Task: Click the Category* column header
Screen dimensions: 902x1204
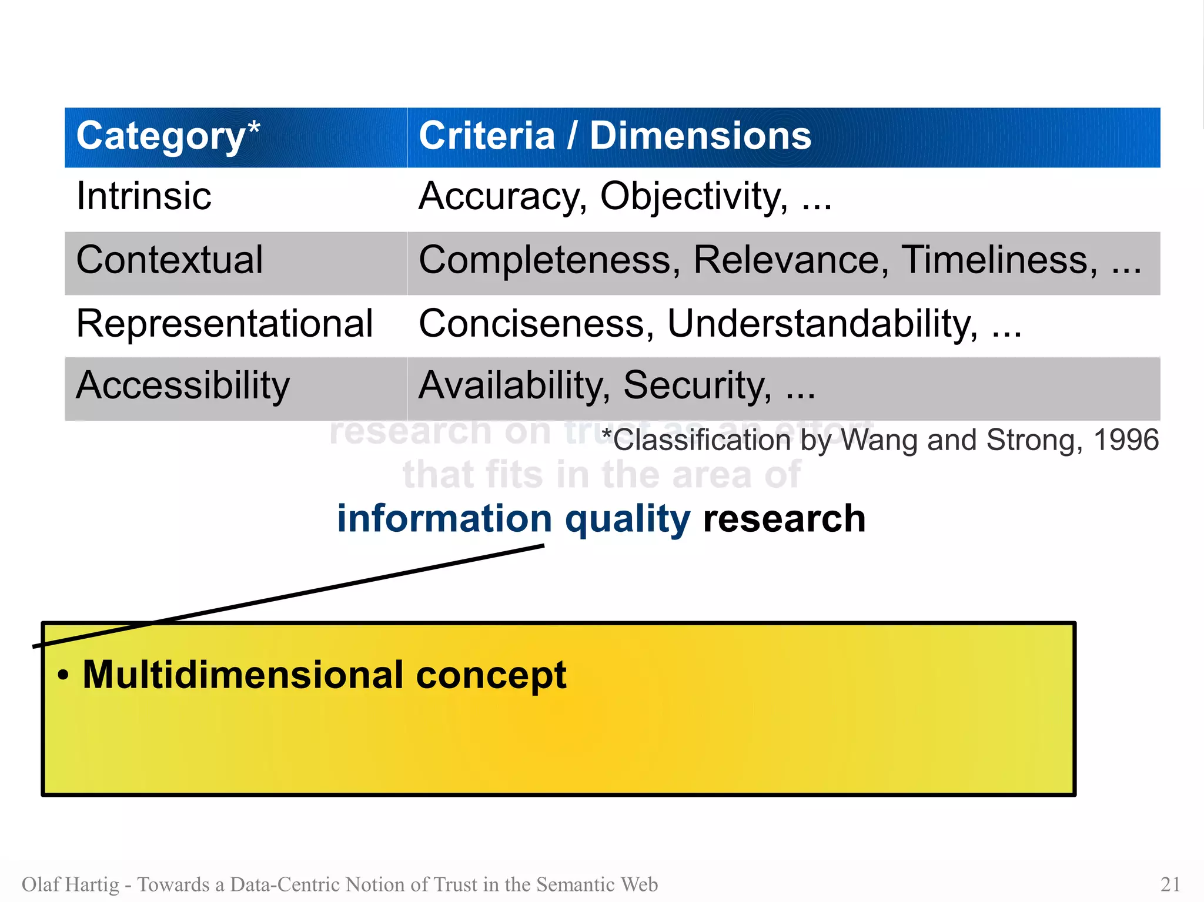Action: coord(168,136)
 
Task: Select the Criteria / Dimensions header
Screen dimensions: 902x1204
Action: coord(614,136)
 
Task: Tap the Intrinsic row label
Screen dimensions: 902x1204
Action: coord(143,196)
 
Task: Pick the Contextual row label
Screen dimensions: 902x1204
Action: coord(169,260)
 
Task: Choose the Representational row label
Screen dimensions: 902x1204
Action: coord(225,323)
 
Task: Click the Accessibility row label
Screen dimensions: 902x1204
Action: coord(183,386)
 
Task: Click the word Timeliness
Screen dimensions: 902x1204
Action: coord(999,260)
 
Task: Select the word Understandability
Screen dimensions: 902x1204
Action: coord(822,324)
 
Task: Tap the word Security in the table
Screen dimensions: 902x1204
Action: coord(697,386)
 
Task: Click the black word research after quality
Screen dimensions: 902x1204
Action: coord(784,519)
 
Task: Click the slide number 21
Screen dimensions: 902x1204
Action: coord(1170,884)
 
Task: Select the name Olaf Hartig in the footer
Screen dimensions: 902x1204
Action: coord(71,884)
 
